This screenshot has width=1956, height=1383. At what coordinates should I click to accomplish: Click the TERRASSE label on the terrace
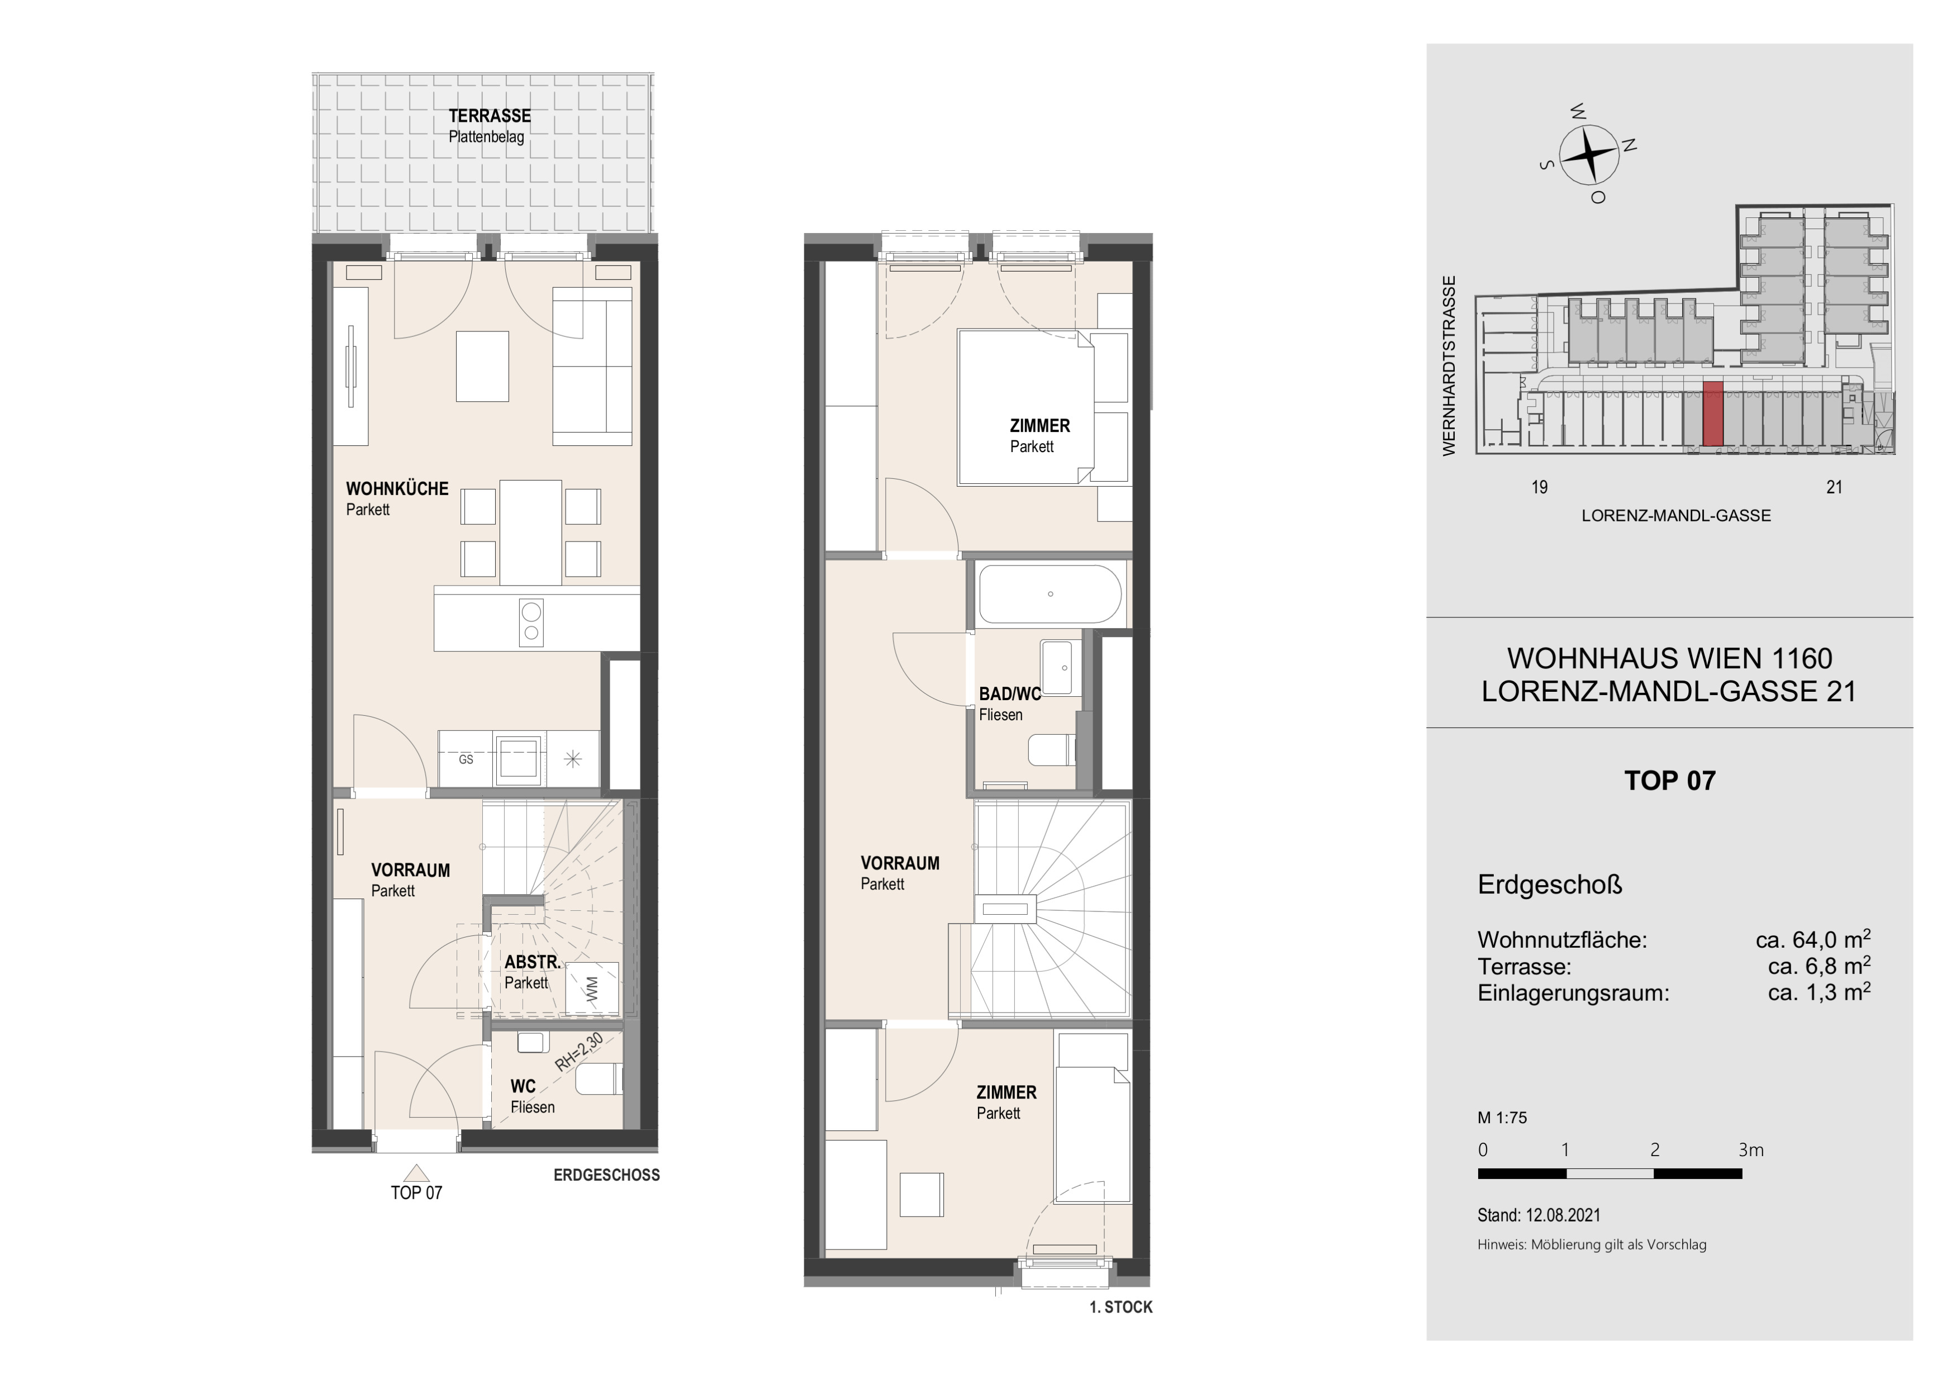tap(490, 116)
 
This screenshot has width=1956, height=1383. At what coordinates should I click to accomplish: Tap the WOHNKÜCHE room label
tap(397, 489)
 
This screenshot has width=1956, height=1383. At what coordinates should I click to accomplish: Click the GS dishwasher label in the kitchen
tap(466, 759)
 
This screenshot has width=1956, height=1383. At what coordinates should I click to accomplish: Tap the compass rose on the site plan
tap(1589, 154)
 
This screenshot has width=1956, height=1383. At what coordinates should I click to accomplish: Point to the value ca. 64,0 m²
tap(1813, 939)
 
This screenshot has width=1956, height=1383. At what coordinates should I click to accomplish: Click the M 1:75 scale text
tap(1502, 1118)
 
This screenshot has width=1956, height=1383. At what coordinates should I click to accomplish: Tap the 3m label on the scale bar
tap(1751, 1149)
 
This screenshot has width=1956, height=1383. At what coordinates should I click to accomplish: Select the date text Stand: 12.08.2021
tap(1539, 1215)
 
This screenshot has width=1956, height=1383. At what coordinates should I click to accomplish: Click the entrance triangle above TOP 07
tap(416, 1173)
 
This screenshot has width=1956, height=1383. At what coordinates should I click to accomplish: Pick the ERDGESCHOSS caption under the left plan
tap(606, 1175)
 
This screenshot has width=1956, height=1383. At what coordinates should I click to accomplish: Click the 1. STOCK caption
tap(1121, 1307)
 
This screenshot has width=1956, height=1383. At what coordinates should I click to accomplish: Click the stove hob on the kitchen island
tap(531, 622)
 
